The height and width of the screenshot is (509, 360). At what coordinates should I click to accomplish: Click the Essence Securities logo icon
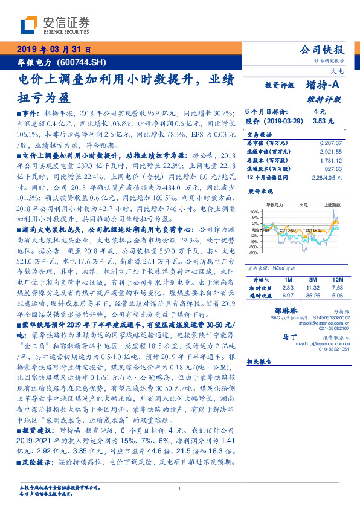pyautogui.click(x=30, y=25)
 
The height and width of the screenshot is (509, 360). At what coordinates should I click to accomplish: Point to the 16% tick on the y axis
pyautogui.click(x=254, y=212)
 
